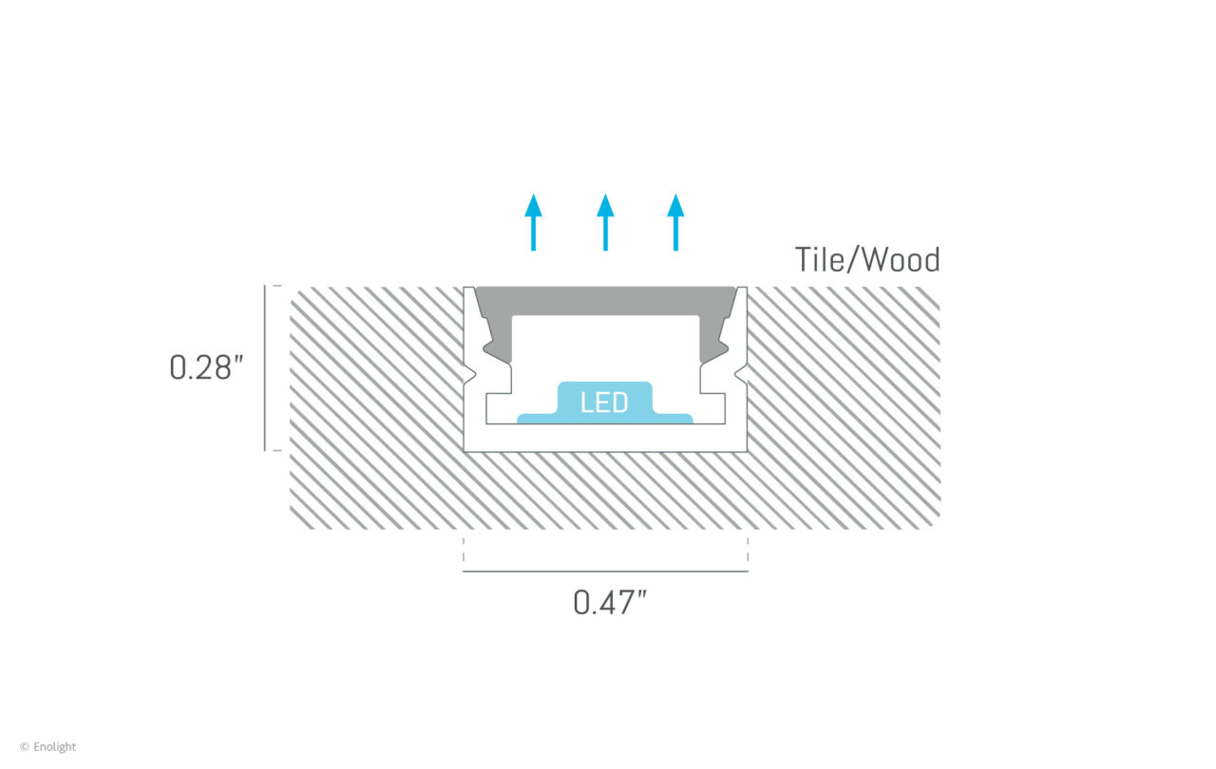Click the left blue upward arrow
tap(534, 222)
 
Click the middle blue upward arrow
tap(605, 222)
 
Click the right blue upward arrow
tap(675, 222)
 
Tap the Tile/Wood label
tap(867, 260)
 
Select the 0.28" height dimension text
tap(206, 367)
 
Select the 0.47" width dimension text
tap(610, 603)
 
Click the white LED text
tap(604, 403)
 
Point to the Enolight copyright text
tap(47, 747)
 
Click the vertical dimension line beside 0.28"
tap(265, 367)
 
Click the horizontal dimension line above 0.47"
tap(605, 572)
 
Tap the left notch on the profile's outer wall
tap(470, 374)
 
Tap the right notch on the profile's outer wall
tap(740, 374)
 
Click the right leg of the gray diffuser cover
tap(712, 339)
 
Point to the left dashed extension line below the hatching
tap(464, 550)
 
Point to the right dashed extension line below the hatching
tap(748, 550)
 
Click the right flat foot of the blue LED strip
tap(673, 418)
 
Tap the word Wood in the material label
tap(902, 260)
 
